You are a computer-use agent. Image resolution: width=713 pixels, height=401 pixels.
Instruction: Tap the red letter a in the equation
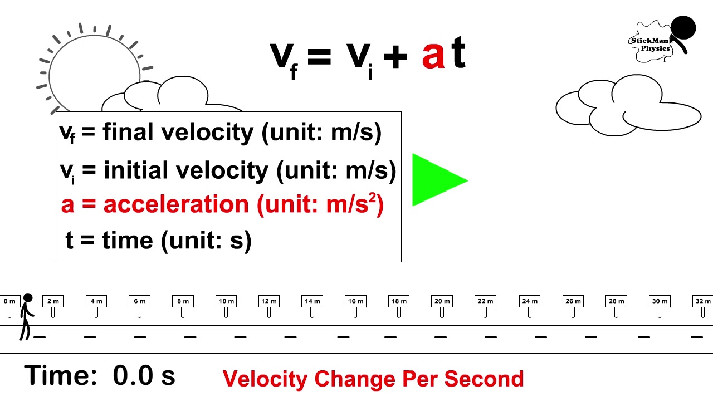coord(433,56)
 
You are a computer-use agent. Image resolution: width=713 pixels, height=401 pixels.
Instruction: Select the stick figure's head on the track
coord(27,299)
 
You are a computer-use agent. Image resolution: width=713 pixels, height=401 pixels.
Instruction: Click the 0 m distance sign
coord(9,301)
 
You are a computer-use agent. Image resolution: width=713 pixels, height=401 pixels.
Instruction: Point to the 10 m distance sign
coord(226,301)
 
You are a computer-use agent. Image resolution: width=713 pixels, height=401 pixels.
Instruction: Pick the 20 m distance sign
coord(442,301)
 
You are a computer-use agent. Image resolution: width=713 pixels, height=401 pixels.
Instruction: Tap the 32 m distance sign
coord(702,301)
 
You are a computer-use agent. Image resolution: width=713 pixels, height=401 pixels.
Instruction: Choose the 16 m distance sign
coord(355,301)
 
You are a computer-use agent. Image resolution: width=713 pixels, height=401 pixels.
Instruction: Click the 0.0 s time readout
coord(144,376)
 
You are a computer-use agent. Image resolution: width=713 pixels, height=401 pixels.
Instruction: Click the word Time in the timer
coord(61,375)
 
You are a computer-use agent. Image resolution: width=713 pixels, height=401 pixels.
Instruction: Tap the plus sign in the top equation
coord(395,58)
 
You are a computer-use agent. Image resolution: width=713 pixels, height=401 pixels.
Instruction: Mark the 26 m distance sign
coord(573,301)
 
